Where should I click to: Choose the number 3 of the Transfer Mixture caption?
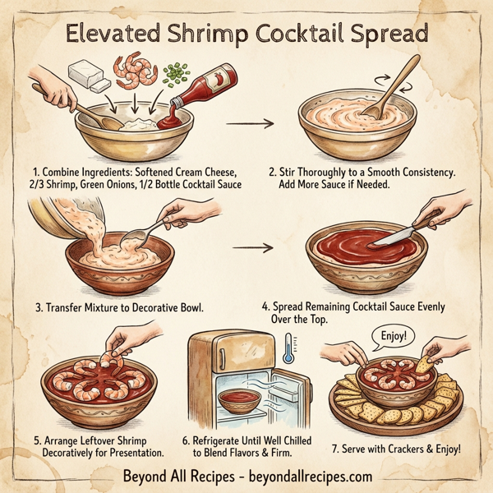click(x=39, y=309)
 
